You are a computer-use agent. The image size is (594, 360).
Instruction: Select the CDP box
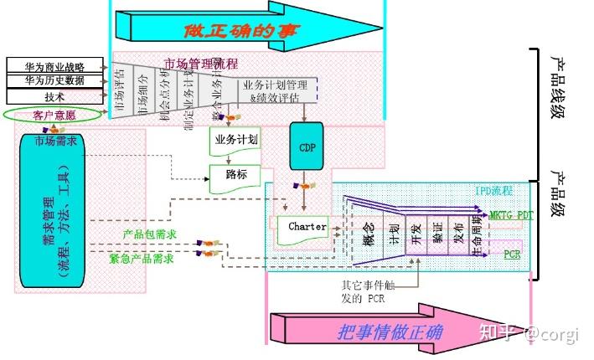pyautogui.click(x=306, y=147)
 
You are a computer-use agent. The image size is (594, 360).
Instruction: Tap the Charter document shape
pyautogui.click(x=307, y=228)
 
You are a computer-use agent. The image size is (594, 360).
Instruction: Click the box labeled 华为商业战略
pyautogui.click(x=55, y=65)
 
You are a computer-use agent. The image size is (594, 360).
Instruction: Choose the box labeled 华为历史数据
pyautogui.click(x=55, y=80)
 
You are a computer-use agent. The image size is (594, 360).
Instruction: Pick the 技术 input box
pyautogui.click(x=55, y=96)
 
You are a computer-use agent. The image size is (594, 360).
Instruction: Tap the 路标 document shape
pyautogui.click(x=236, y=176)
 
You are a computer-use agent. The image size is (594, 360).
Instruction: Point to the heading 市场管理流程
pyautogui.click(x=200, y=64)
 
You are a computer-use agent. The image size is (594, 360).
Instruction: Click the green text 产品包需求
pyautogui.click(x=148, y=236)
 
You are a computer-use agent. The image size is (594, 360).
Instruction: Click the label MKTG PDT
pyautogui.click(x=511, y=214)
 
